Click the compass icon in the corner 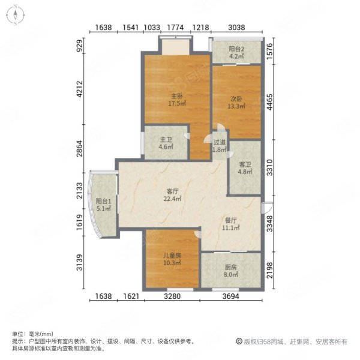[16, 15]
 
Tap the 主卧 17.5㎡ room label [177, 100]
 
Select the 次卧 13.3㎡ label [236, 103]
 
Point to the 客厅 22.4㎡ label [172, 195]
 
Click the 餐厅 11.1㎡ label [231, 224]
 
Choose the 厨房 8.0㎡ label [231, 271]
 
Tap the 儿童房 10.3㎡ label [172, 259]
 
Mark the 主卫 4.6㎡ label [166, 143]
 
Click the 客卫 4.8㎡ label [245, 168]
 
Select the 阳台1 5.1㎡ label [104, 205]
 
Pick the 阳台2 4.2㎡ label [236, 52]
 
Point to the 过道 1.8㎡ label [220, 146]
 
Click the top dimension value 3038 [236, 28]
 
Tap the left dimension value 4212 [79, 89]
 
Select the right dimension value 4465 [270, 102]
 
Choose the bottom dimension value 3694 [231, 296]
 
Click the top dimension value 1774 [175, 28]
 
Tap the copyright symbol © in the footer [239, 341]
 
